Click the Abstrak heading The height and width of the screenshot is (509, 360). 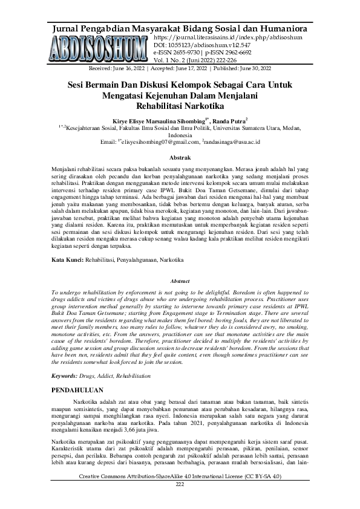(180, 157)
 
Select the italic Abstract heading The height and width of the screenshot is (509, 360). (180, 281)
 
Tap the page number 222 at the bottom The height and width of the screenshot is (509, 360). (180, 485)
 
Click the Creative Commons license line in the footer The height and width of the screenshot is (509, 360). (180, 478)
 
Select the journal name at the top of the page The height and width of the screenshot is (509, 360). (180, 28)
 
